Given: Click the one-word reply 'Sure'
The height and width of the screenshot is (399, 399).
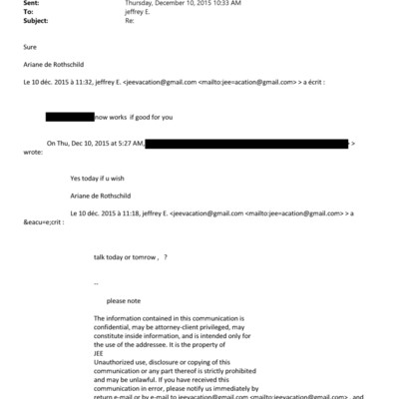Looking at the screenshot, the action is click(30, 46).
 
